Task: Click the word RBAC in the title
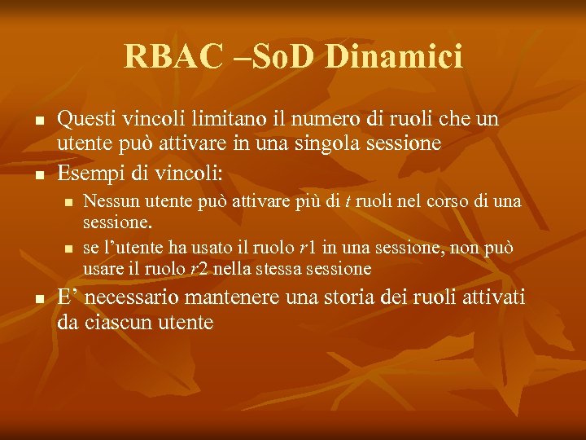[169, 57]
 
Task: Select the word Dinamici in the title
[394, 57]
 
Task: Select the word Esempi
[90, 174]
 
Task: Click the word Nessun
[111, 201]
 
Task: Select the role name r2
[199, 269]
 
